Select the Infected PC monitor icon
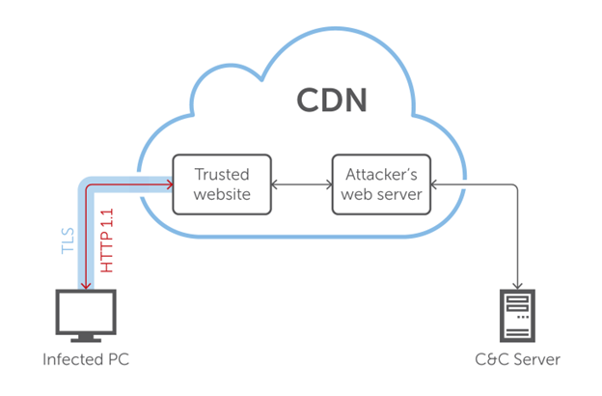pos(86,314)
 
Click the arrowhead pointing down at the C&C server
pos(519,286)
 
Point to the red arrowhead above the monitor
pos(87,286)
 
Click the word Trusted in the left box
pos(222,175)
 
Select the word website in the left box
pos(222,194)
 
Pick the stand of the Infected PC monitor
pos(86,338)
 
